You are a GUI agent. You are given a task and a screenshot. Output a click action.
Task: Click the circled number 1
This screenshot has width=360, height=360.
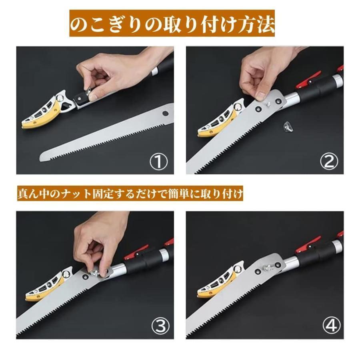click(x=159, y=162)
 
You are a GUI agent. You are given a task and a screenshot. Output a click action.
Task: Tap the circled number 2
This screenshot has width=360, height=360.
click(x=329, y=162)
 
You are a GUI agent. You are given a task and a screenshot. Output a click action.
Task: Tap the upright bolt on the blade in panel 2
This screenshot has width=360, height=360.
click(x=268, y=104)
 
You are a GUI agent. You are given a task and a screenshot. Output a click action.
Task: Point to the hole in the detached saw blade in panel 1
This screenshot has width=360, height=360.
click(x=165, y=113)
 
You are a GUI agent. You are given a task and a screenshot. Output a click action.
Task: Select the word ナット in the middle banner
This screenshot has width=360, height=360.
click(x=76, y=194)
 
